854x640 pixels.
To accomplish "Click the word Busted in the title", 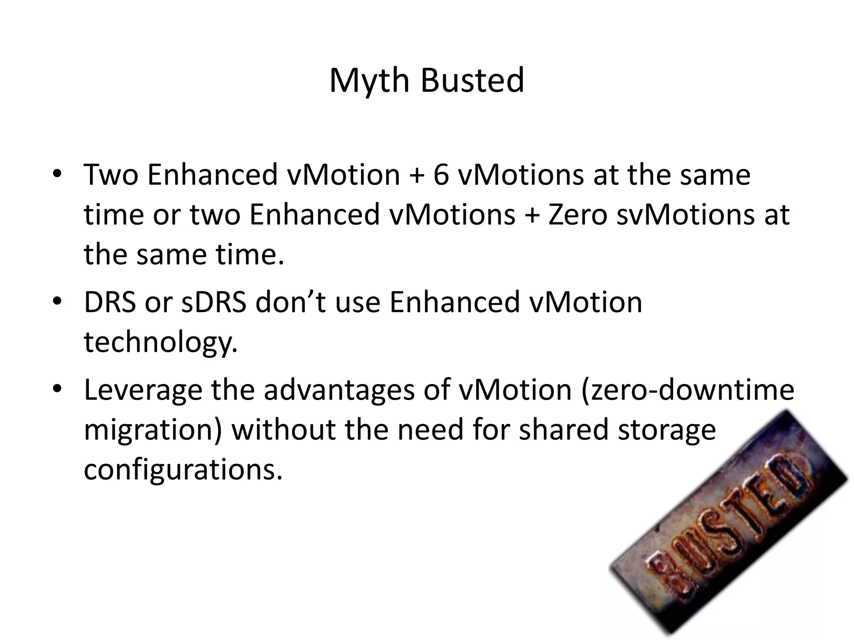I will (x=472, y=80).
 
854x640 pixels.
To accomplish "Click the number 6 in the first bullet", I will (x=441, y=174).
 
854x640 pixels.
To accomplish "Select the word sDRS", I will (x=213, y=302).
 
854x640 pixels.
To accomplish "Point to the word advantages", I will (x=339, y=390).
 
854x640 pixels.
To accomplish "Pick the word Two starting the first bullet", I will (x=111, y=174).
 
